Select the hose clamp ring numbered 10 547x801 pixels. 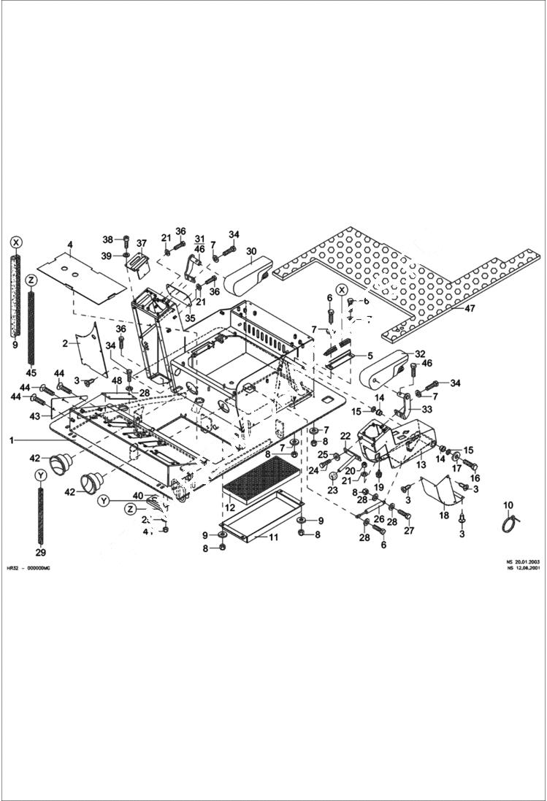click(x=509, y=523)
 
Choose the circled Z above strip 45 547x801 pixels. click(x=31, y=280)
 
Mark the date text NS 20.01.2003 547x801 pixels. click(x=519, y=562)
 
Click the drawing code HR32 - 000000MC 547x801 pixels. click(x=28, y=567)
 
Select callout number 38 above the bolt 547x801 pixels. click(x=107, y=239)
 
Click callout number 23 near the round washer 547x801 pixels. click(x=332, y=491)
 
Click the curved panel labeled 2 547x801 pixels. click(x=92, y=349)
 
